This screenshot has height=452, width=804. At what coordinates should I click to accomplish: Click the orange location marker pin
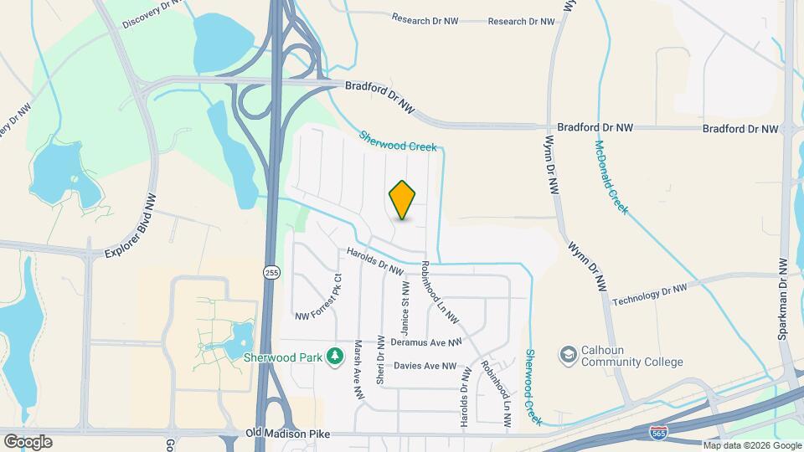[x=403, y=200]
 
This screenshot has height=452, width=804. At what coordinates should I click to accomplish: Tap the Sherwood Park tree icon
[x=335, y=356]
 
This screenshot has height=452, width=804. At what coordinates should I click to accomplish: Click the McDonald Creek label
[x=611, y=177]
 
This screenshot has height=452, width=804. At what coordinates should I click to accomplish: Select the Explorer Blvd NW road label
[x=131, y=228]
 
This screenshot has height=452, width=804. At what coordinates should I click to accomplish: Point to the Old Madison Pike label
[x=287, y=434]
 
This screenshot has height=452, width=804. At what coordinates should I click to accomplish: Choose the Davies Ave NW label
[x=425, y=366]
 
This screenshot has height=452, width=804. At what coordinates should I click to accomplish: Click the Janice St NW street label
[x=405, y=297]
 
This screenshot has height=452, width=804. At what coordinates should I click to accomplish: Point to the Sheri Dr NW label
[x=381, y=362]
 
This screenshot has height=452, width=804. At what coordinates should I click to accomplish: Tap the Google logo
[x=27, y=442]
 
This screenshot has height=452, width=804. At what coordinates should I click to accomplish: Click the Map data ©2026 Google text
[x=751, y=445]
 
